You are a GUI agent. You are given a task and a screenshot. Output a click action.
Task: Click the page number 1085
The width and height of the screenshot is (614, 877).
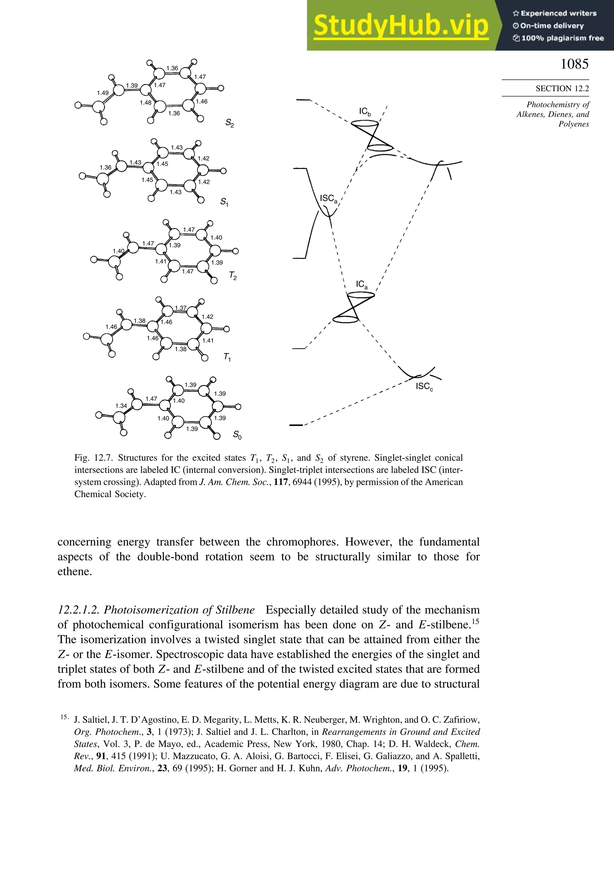tap(574, 64)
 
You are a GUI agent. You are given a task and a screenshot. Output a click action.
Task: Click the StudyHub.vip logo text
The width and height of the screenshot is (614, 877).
tap(401, 25)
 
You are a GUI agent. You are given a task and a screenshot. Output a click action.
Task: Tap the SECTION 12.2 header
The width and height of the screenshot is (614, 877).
tap(562, 89)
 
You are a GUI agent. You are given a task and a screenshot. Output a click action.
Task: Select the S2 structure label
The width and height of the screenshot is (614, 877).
tap(229, 123)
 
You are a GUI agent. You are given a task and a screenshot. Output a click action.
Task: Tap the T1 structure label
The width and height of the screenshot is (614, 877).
tap(227, 357)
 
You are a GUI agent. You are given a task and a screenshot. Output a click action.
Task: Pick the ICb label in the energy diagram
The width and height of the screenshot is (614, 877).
tap(365, 111)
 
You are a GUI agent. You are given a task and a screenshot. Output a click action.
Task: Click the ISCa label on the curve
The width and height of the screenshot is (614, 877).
tap(329, 199)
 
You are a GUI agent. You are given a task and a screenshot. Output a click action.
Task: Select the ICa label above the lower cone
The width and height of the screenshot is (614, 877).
tap(362, 284)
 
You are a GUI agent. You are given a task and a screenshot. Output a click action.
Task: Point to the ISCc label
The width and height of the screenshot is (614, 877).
tap(424, 387)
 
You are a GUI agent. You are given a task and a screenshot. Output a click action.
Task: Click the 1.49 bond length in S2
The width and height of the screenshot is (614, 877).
tap(103, 93)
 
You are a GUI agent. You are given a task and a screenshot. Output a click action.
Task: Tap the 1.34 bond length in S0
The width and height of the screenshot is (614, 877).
tap(121, 406)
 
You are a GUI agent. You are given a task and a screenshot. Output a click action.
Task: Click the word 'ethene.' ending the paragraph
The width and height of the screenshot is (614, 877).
tap(75, 571)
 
